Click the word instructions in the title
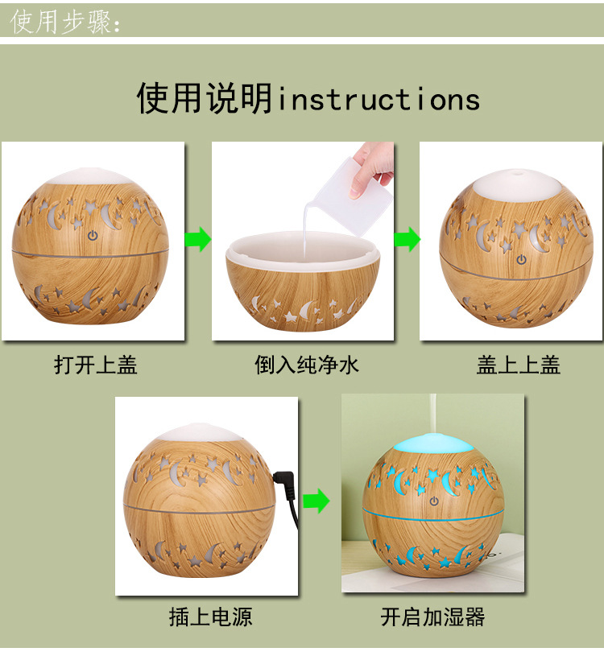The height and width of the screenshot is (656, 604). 379,100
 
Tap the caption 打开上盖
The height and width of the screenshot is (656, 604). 96,365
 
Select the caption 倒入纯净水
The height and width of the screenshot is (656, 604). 307,365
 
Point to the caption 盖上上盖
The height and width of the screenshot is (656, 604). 518,365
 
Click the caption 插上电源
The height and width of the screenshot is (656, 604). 210,617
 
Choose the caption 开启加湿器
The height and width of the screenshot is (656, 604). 432,617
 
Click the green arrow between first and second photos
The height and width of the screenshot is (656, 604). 198,240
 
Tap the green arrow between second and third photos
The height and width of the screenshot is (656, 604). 407,240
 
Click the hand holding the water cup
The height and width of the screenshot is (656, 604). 376,160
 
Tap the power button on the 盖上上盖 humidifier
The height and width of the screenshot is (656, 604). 521,259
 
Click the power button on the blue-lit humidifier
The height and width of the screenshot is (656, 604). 433,501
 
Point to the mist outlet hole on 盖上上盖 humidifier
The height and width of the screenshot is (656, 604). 515,172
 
